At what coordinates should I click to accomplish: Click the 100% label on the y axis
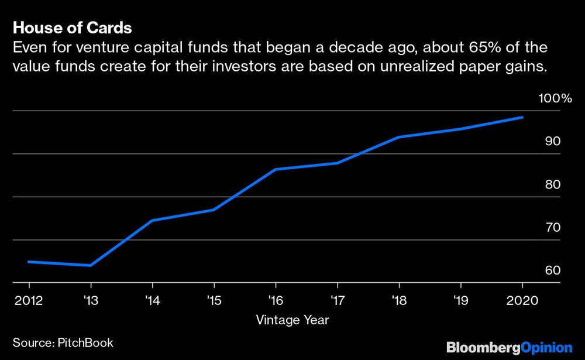click(555, 98)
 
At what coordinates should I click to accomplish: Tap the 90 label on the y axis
click(553, 142)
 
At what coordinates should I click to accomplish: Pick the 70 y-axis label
click(553, 228)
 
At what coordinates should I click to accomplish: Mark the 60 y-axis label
click(553, 270)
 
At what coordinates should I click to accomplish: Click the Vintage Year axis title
click(292, 320)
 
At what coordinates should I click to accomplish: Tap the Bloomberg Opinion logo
click(509, 347)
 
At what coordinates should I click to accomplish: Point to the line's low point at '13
click(90, 265)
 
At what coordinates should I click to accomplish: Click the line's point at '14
click(152, 220)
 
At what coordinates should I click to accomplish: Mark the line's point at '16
click(276, 169)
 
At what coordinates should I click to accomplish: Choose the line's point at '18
click(399, 137)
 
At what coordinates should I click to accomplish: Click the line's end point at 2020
click(522, 118)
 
